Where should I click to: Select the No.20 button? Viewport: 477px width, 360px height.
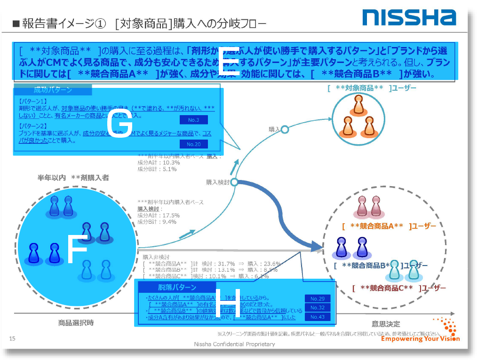point(193,144)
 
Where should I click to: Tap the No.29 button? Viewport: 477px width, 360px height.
point(318,298)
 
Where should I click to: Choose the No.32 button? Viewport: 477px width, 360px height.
point(318,308)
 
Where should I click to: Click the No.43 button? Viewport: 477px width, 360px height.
point(318,317)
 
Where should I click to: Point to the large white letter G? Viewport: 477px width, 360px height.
point(119,125)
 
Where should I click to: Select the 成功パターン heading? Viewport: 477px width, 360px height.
point(53,89)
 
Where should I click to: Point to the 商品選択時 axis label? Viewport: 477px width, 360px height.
point(76,323)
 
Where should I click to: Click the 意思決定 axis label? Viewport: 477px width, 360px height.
point(386,323)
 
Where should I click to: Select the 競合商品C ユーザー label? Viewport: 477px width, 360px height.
point(399,288)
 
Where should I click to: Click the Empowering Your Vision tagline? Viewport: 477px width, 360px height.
point(420,338)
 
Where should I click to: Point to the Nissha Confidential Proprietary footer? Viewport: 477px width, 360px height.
point(234,344)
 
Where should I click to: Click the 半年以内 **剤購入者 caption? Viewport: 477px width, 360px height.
point(73,178)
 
